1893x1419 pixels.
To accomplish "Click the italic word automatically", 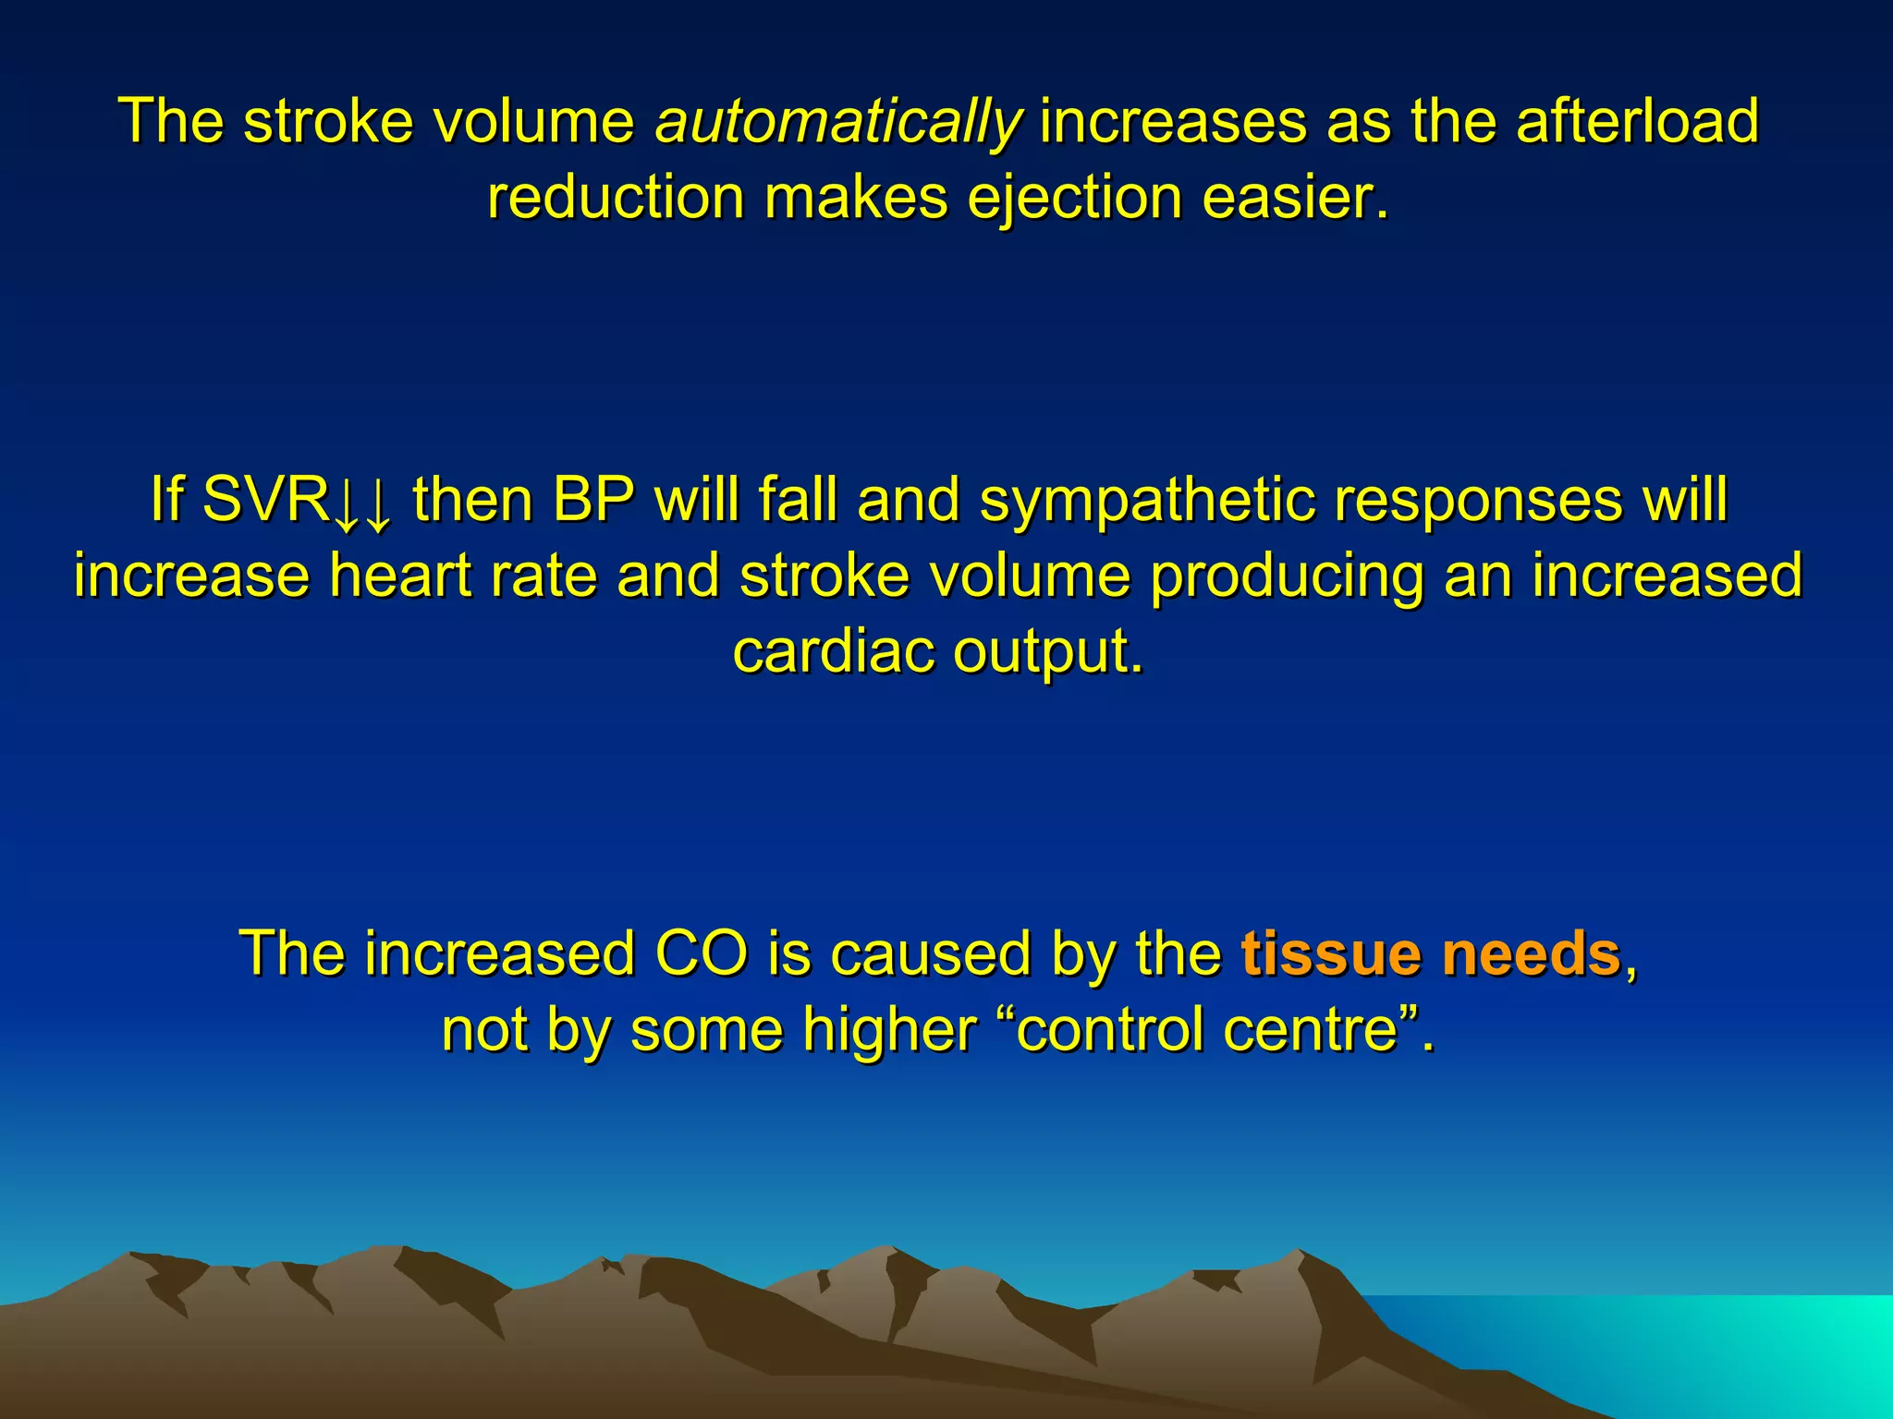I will pos(838,122).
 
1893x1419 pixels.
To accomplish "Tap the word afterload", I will pos(1637,122).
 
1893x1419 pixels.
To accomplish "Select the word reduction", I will pos(616,198).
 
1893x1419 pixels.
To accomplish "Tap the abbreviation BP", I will pos(594,500).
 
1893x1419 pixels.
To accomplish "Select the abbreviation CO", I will pos(701,953).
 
